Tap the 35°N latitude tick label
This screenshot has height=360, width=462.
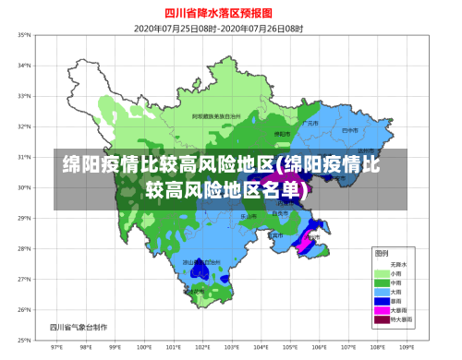click(x=23, y=35)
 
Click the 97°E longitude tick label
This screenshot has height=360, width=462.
click(x=56, y=348)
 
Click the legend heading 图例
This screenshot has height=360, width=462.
click(x=380, y=252)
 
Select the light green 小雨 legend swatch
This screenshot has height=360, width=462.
click(x=381, y=274)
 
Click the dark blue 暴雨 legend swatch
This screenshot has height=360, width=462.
click(x=381, y=301)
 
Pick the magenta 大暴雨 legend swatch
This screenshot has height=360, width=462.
click(x=381, y=310)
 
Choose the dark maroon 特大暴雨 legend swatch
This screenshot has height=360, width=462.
click(x=381, y=319)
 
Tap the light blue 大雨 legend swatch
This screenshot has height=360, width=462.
click(x=381, y=292)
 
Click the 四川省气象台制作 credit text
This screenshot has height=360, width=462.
click(x=79, y=326)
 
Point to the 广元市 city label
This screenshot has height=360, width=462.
click(x=311, y=123)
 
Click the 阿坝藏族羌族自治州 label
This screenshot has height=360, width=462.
click(x=216, y=117)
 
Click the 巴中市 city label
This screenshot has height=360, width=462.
click(x=348, y=131)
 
